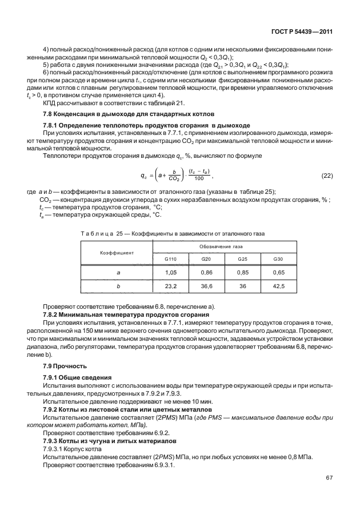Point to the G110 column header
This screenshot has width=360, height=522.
pos(171,259)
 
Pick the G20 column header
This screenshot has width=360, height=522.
pos(206,259)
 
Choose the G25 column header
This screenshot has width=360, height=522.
pos(242,259)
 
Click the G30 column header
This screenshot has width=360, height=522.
pos(278,259)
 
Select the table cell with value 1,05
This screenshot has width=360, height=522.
pos(171,272)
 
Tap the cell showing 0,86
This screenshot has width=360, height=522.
pos(206,272)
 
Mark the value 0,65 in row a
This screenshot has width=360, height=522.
pos(278,272)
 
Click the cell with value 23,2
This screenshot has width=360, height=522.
pos(171,286)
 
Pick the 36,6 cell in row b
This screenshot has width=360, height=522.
pos(206,286)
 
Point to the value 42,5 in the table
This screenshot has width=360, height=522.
pos(278,286)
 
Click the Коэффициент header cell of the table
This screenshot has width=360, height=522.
pos(117,252)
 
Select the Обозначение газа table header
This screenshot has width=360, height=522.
pos(225,246)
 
